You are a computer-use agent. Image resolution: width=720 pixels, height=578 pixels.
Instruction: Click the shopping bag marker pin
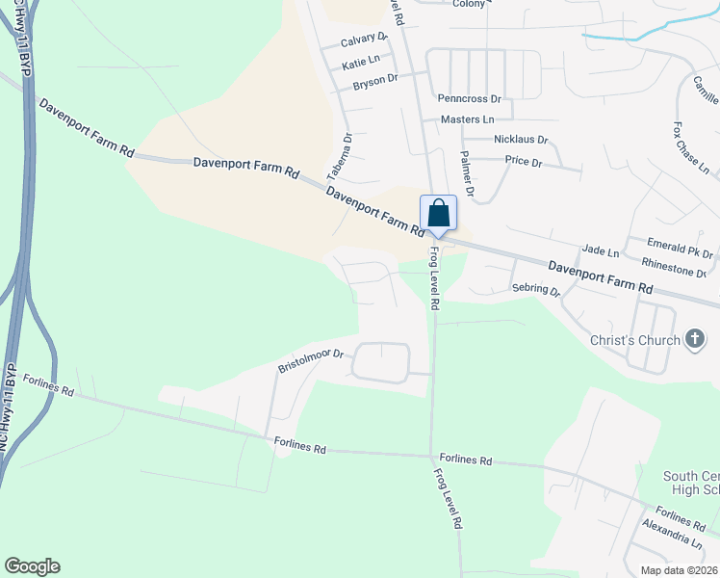(438, 214)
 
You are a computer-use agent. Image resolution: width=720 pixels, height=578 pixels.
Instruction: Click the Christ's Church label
(635, 340)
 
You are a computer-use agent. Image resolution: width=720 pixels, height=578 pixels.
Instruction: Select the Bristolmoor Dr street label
(311, 361)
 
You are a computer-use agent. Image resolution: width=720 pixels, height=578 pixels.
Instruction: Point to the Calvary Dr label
(364, 40)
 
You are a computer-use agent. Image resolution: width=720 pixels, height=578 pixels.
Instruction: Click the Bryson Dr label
(375, 80)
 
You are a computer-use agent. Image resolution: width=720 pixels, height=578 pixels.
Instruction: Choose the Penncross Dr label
(469, 99)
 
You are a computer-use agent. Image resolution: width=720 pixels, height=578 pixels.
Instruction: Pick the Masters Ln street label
(467, 119)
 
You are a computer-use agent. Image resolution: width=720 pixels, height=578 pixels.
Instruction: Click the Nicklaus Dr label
(520, 140)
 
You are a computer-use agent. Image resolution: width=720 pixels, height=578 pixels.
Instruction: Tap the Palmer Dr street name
(468, 173)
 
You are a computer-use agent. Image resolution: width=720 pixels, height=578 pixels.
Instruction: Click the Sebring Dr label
(536, 289)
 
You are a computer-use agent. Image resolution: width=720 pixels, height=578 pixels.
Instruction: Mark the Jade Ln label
(601, 251)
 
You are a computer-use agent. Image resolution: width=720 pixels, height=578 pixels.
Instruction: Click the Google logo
(32, 566)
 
